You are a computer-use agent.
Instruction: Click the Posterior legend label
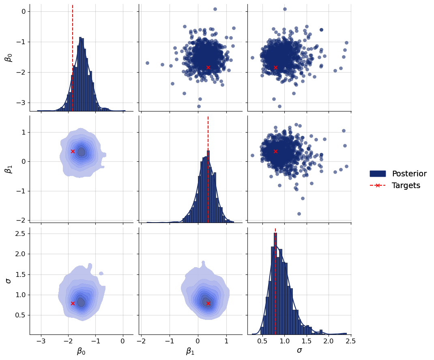[x=409, y=174]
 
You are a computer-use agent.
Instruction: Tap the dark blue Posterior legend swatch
[x=378, y=174]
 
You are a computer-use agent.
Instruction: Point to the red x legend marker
[x=378, y=186]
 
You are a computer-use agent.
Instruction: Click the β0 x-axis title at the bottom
[x=81, y=351]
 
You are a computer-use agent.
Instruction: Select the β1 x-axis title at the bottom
[x=190, y=351]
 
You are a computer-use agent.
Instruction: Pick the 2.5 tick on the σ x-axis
[x=350, y=342]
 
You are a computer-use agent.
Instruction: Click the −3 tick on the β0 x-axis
[x=41, y=342]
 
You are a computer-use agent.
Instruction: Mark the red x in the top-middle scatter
[x=208, y=67]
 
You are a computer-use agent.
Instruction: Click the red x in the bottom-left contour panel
[x=73, y=303]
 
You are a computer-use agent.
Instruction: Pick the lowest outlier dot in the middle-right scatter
[x=299, y=214]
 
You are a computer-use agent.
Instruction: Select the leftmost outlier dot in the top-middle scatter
[x=147, y=63]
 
